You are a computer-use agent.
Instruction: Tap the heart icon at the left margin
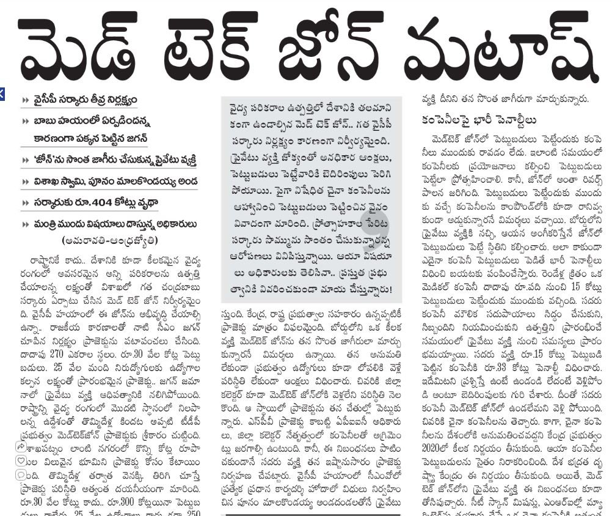coord(21,460)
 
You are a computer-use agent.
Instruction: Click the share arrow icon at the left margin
coord(21,446)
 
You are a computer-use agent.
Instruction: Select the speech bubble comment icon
coord(21,474)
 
